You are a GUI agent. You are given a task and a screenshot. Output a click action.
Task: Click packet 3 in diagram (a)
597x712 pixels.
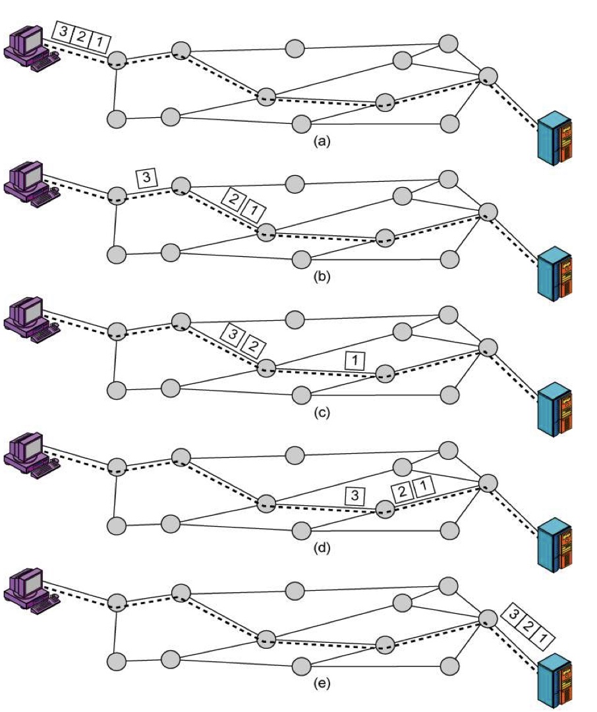pos(63,33)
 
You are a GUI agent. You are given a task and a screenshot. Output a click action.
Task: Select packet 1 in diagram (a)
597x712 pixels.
pos(99,43)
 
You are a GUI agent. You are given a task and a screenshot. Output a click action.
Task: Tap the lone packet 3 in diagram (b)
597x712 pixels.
pos(146,177)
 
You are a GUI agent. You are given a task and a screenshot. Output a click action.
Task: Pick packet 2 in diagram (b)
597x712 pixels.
pos(233,198)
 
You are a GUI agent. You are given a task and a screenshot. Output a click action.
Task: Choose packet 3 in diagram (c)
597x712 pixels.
pos(231,333)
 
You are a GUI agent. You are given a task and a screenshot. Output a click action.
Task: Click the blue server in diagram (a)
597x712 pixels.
pos(555,140)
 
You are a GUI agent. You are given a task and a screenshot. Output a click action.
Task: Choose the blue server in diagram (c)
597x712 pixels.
pos(555,411)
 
